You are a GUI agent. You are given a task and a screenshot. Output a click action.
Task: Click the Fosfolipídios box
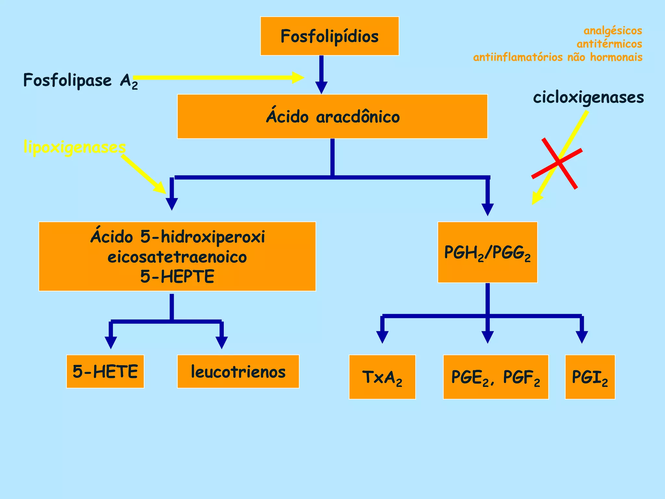[329, 36]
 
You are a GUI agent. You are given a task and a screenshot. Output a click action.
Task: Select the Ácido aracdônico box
[332, 117]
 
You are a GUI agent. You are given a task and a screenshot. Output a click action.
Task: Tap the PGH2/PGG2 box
[487, 252]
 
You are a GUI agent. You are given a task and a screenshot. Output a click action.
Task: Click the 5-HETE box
[105, 371]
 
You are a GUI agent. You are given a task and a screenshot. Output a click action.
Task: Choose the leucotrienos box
[238, 371]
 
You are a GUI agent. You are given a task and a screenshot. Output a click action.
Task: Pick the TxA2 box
[382, 377]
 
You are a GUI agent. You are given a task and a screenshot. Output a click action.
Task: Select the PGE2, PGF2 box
[496, 377]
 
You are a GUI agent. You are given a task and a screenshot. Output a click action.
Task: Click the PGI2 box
[590, 377]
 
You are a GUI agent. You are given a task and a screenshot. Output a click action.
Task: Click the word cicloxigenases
[588, 97]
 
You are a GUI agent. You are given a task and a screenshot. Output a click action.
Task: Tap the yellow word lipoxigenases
[74, 147]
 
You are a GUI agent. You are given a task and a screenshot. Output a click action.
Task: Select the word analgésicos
[613, 31]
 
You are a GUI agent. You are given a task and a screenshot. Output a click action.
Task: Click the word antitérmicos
[609, 44]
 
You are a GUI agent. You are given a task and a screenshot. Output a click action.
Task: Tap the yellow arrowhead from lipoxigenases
[161, 189]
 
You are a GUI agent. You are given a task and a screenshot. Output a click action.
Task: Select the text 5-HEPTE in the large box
[177, 276]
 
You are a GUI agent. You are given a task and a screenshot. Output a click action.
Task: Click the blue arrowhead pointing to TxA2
[382, 337]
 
